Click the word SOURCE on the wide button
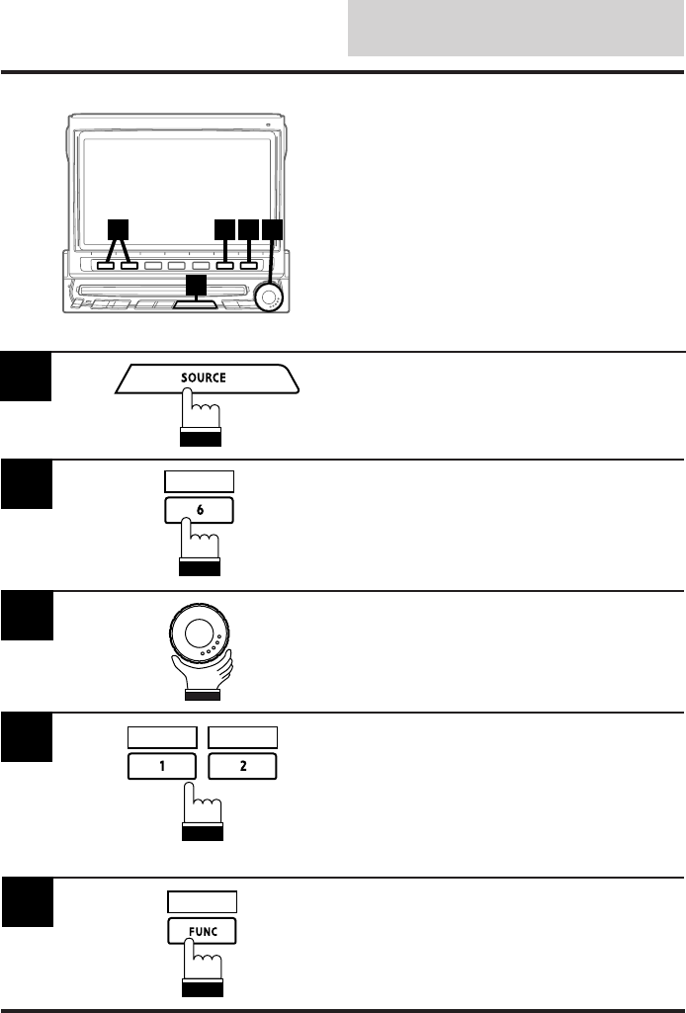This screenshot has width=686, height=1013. [204, 378]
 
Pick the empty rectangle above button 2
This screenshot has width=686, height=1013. [243, 736]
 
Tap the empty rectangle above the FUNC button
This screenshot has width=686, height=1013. [203, 901]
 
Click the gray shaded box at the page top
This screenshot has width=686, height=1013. [516, 29]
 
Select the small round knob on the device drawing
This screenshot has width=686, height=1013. [268, 296]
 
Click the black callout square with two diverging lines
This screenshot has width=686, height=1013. [118, 228]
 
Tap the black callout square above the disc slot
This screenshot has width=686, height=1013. [197, 285]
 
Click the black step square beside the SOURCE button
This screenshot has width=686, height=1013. [26, 378]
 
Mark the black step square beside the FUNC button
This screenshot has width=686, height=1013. [26, 902]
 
